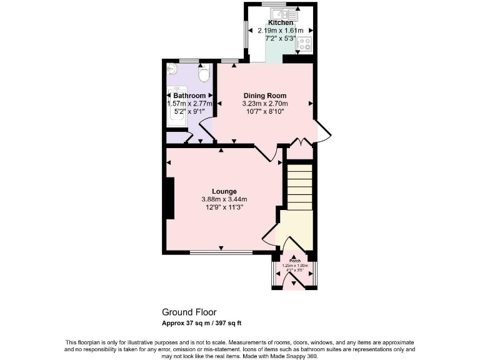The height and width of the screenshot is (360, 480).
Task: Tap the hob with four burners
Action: [304, 44]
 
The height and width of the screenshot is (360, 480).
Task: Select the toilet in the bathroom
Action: [202, 76]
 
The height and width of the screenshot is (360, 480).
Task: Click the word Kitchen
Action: [281, 22]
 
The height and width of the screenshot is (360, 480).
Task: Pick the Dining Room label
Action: [265, 95]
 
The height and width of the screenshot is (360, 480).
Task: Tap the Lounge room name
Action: [224, 191]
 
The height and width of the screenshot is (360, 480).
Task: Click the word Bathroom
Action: [189, 95]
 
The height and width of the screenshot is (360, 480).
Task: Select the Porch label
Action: [294, 261]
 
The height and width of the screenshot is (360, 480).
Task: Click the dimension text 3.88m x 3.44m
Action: [224, 199]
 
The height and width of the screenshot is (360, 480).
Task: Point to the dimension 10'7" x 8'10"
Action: [265, 111]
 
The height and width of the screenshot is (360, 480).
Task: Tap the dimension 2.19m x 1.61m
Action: [281, 30]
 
